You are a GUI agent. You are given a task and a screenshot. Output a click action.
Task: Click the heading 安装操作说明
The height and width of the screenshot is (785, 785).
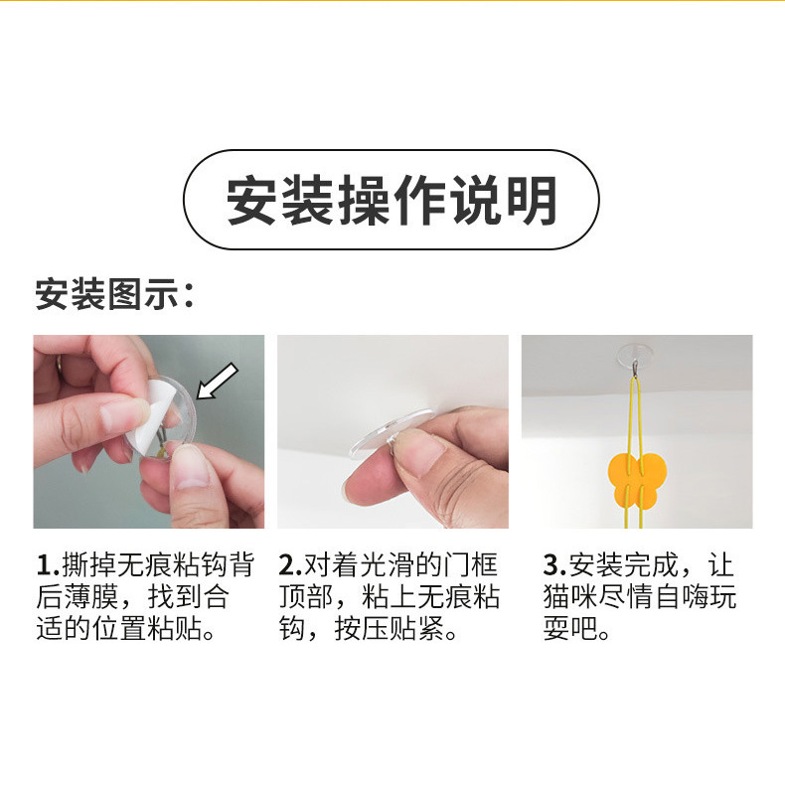tap(392, 200)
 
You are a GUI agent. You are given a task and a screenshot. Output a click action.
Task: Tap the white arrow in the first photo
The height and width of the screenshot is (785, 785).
tap(219, 382)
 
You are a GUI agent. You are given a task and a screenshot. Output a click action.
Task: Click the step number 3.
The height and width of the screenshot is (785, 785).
tap(551, 566)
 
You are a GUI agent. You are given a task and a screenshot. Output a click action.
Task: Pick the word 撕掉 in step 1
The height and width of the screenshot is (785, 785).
tap(86, 566)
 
